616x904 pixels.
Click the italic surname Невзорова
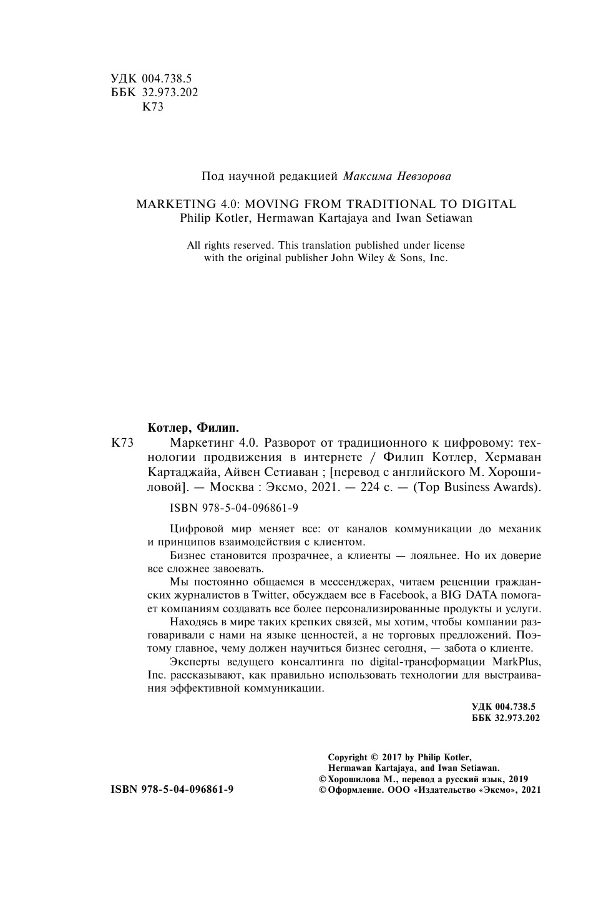click(x=424, y=176)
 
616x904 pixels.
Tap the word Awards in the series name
click(x=517, y=487)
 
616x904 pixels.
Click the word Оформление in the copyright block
click(x=353, y=790)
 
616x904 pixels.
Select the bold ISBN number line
click(x=172, y=790)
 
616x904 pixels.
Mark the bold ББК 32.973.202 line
click(x=506, y=718)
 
